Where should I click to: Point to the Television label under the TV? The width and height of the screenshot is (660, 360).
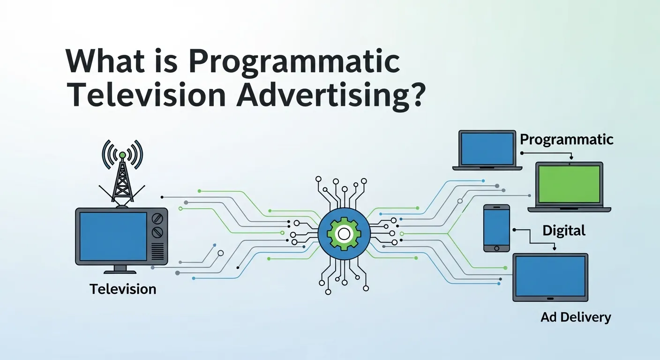(123, 289)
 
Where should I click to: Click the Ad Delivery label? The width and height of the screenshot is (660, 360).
(576, 317)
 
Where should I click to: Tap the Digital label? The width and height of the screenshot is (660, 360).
(564, 230)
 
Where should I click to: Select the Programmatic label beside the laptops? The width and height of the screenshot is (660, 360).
(567, 139)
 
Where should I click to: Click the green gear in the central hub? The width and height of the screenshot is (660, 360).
(344, 233)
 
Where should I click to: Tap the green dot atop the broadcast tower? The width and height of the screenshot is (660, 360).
(122, 155)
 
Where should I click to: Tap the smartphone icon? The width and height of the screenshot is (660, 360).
(496, 227)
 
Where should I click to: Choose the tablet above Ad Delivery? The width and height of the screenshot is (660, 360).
(550, 277)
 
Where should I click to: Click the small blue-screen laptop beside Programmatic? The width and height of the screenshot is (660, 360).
(487, 150)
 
